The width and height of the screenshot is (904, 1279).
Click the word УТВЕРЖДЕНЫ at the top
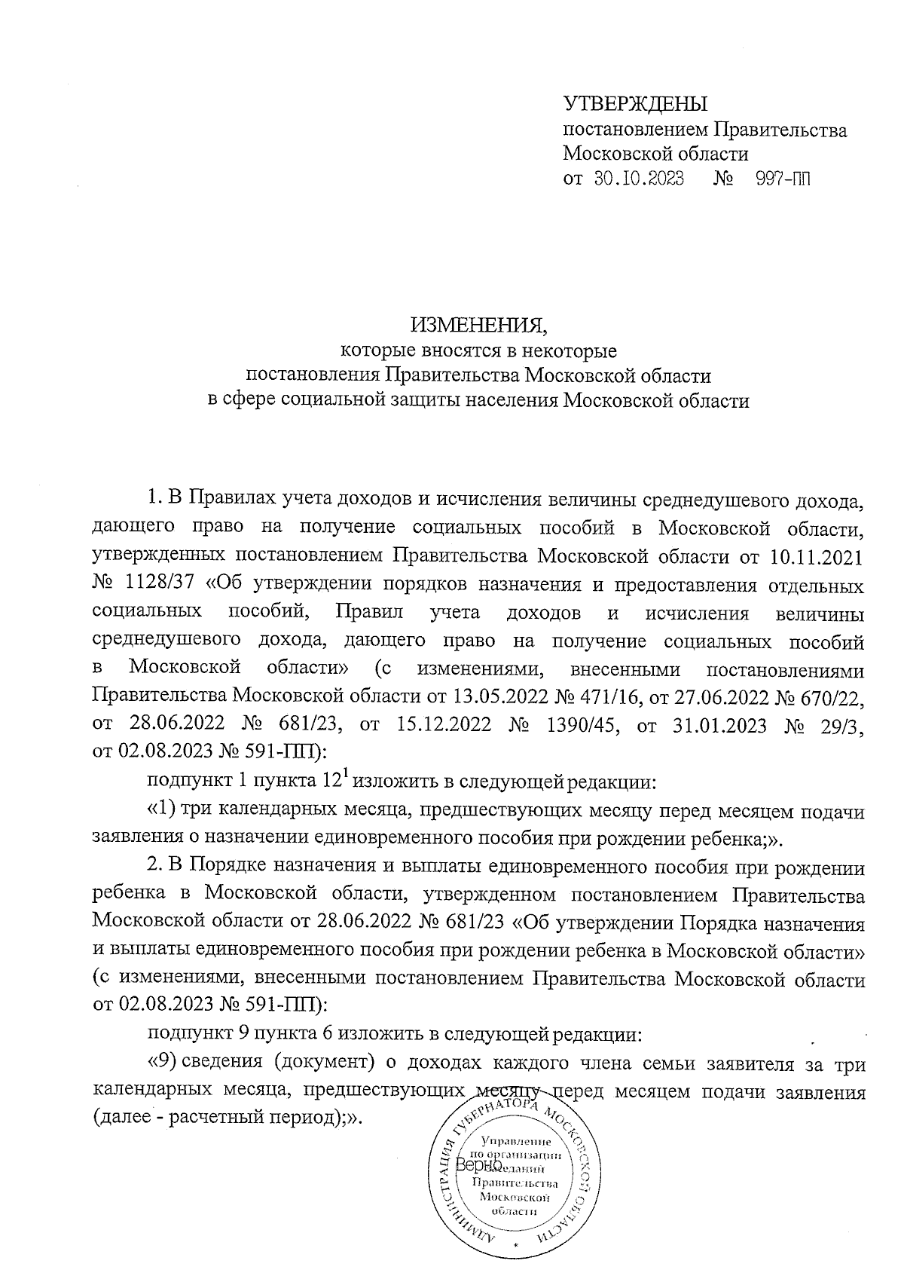636,103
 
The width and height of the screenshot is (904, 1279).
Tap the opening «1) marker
162,810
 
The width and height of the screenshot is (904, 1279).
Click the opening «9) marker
162,1063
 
